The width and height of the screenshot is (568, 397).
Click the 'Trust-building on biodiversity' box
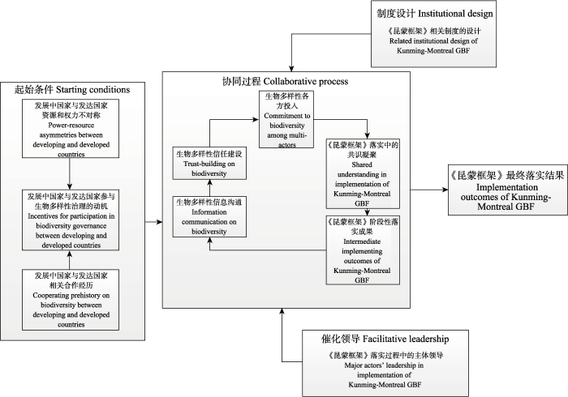pos(209,164)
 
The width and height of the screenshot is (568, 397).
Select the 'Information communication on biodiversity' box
pos(209,216)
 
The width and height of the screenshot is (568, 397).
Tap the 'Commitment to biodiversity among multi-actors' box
pos(286,119)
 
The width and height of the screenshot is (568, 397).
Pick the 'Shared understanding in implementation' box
pos(363,173)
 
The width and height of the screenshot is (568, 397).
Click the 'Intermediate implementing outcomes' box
pos(363,250)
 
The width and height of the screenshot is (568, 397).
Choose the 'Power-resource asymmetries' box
pos(71,128)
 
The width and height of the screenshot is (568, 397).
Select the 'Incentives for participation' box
pos(71,220)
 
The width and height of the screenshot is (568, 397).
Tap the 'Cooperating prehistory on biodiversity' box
pos(71,300)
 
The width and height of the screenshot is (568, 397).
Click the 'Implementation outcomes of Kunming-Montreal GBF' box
pos(508,190)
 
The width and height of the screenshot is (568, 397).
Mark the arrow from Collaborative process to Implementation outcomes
pos(429,190)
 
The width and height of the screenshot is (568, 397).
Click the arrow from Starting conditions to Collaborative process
pos(153,222)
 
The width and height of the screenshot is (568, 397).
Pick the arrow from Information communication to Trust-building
pos(209,188)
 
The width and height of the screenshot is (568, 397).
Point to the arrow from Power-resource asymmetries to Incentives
pos(70,173)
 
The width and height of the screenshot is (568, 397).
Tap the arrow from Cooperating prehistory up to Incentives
pos(70,260)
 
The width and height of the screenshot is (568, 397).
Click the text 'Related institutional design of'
pos(433,41)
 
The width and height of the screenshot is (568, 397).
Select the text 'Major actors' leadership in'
pos(384,365)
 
